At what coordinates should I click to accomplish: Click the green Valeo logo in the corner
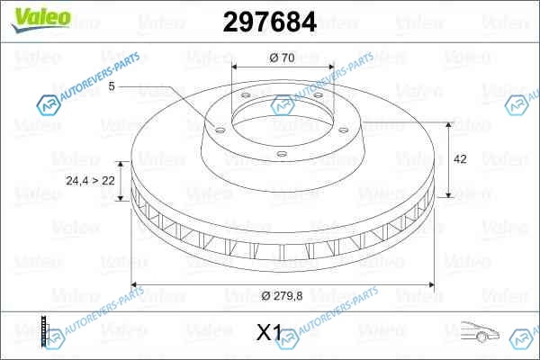click(x=41, y=20)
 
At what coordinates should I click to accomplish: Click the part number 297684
click(x=270, y=22)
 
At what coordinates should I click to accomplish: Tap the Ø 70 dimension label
click(x=282, y=58)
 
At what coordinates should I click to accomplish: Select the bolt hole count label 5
click(x=112, y=86)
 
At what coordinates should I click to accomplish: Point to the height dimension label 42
click(x=460, y=159)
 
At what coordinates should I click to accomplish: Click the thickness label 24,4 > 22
click(x=90, y=181)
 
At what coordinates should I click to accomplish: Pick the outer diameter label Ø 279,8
click(x=282, y=295)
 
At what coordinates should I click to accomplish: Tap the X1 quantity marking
click(x=269, y=332)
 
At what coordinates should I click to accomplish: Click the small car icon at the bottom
click(x=480, y=331)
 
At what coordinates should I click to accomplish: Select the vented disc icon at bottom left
click(x=44, y=330)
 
